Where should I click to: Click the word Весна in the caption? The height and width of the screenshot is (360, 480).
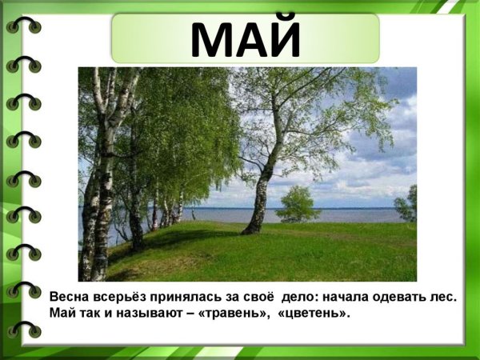[x=68, y=297]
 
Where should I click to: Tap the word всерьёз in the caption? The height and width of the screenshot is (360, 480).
[x=121, y=297]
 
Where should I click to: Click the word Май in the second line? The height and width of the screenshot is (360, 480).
[x=62, y=312]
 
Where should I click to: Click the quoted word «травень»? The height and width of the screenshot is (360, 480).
[x=238, y=312]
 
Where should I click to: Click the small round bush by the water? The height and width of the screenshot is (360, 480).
[x=298, y=204]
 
